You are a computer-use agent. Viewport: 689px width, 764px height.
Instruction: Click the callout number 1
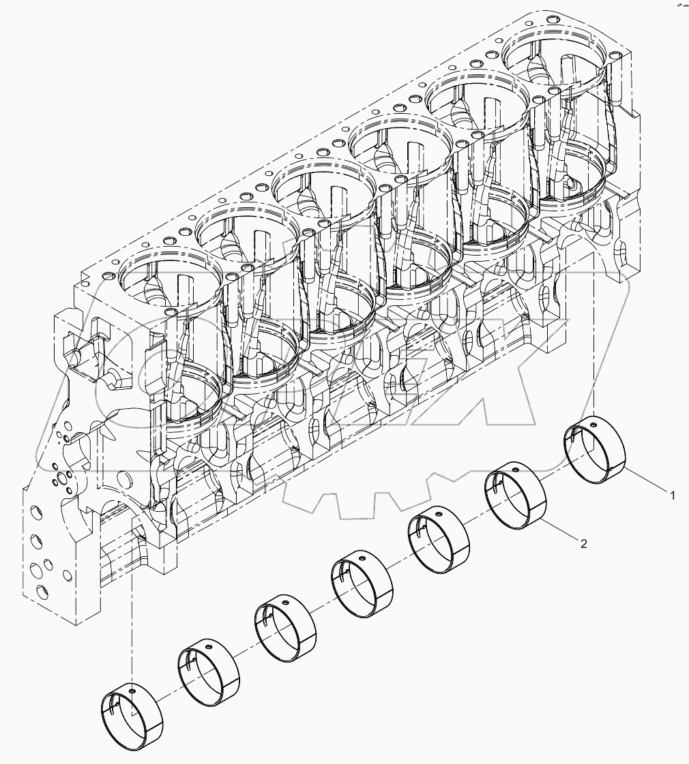tap(673, 496)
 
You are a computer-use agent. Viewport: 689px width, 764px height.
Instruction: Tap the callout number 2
tap(584, 543)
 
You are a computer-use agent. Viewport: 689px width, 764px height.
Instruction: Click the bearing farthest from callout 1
tap(132, 713)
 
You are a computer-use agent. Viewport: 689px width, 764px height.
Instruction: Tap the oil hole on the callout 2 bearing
tap(518, 471)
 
